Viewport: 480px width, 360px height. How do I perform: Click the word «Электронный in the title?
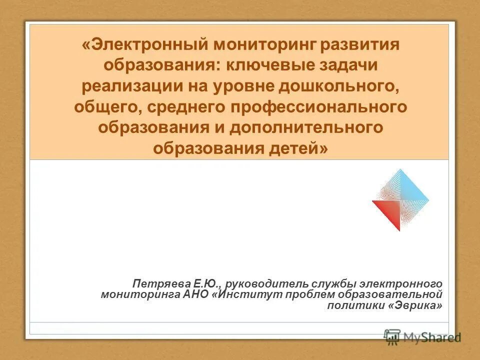(x=144, y=44)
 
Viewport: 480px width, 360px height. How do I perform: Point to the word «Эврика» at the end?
(x=415, y=305)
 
